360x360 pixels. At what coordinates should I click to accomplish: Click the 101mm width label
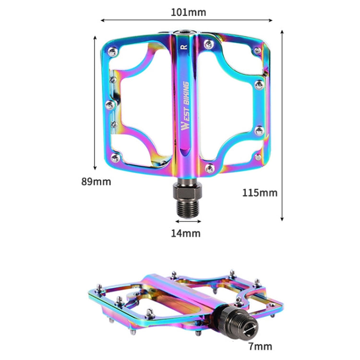point(188,12)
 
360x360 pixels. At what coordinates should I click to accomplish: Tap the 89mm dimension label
point(96,181)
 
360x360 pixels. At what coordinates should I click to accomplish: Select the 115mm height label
point(260,192)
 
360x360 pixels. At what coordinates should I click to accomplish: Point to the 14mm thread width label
point(186,233)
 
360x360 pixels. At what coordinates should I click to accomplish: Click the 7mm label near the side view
point(261,346)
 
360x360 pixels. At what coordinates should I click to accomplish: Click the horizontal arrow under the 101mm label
point(187,21)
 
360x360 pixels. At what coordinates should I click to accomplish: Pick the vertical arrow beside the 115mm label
point(282,125)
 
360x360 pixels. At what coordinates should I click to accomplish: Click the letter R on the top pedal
point(183,47)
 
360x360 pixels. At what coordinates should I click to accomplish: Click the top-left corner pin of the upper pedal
point(112,50)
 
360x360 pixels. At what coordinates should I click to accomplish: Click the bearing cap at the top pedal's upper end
point(185,33)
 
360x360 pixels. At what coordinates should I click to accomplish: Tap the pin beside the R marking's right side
point(208,45)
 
